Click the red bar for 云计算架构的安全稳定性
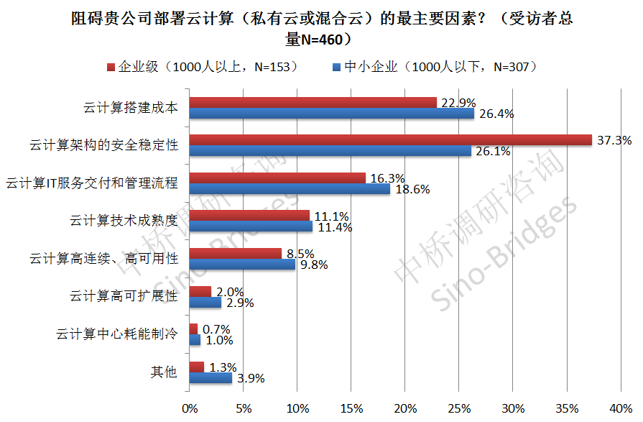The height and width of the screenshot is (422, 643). coord(390,140)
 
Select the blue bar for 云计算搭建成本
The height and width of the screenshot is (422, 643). coord(331,114)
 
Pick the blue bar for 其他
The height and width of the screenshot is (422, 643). coord(211,377)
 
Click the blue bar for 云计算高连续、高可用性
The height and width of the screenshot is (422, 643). coord(242,264)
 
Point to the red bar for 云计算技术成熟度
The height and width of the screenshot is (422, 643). coord(249,216)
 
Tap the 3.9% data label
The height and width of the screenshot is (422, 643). coord(251,378)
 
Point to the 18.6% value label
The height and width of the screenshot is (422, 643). coord(411,189)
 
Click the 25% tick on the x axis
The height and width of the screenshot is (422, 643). coord(459,408)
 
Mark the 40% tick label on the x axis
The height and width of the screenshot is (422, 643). coord(620,408)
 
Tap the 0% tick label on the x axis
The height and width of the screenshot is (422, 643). coord(190,408)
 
